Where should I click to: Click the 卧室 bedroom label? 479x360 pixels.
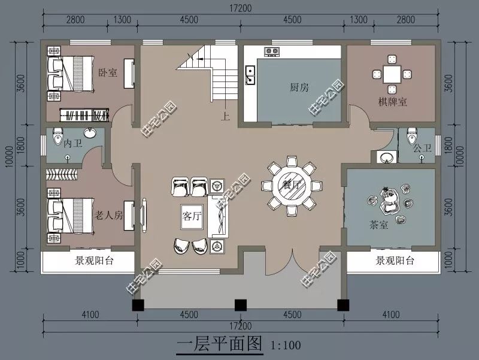(108, 72)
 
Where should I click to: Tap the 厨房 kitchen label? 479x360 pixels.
(299, 87)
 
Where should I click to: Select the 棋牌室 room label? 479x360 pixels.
(392, 102)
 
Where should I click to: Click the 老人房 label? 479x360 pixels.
(109, 215)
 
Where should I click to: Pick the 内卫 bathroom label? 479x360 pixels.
(72, 143)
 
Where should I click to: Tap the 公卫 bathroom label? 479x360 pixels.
(422, 147)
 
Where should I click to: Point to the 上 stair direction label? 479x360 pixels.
(226, 117)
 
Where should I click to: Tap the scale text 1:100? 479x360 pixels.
(286, 345)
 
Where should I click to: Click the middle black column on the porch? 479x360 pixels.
(240, 304)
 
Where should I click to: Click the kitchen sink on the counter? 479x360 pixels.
(250, 74)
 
